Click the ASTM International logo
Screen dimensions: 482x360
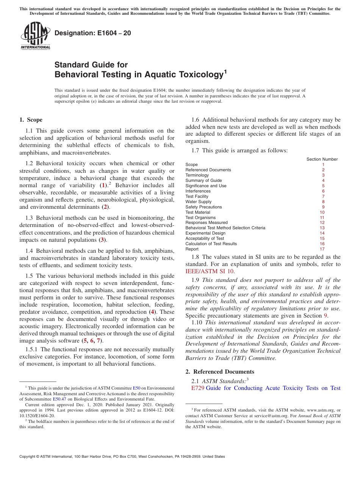(35, 36)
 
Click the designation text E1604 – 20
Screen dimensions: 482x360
(93, 33)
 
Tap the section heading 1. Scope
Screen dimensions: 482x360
(31, 120)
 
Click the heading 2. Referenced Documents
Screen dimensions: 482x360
(220, 372)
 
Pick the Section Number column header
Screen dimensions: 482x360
(322, 159)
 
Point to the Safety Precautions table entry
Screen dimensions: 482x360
(203, 207)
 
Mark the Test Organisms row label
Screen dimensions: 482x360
(200, 218)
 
